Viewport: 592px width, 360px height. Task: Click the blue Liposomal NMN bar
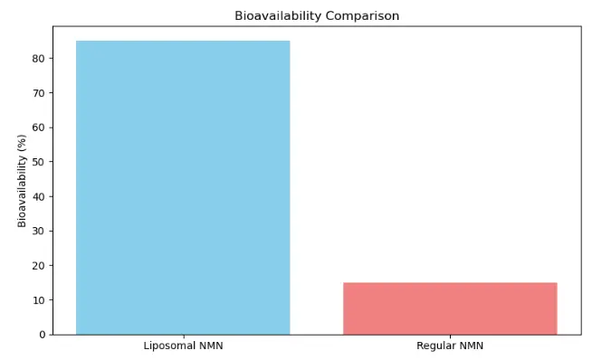[183, 187]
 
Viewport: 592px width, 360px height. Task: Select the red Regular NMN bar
[450, 308]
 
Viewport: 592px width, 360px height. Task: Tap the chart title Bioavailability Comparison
[317, 15]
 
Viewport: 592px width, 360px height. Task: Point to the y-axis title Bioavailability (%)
[22, 180]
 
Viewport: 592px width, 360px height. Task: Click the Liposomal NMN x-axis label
[183, 346]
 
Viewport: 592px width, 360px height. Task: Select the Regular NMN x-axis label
[450, 346]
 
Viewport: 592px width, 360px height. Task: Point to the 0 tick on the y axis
[42, 335]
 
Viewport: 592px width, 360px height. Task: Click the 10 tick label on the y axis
[39, 300]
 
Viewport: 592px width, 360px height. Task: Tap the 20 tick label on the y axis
[39, 266]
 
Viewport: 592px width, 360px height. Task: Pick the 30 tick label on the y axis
[39, 232]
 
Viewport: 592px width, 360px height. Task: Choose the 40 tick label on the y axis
[39, 196]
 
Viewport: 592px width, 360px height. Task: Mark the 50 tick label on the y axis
[39, 162]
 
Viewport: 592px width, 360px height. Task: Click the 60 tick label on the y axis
[39, 128]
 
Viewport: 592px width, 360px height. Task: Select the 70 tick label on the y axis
[39, 93]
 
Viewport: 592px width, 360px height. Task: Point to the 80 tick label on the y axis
[39, 59]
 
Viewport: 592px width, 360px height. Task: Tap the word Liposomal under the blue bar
[169, 346]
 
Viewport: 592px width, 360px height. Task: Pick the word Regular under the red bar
[435, 346]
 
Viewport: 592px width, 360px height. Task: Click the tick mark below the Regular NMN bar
[450, 336]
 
